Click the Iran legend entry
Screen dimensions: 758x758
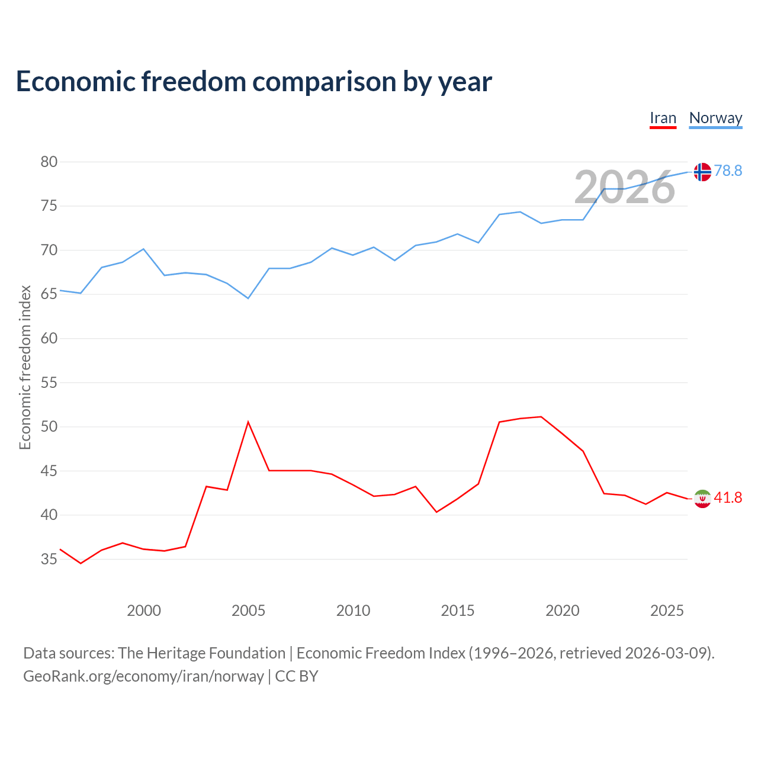point(663,118)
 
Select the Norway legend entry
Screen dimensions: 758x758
point(715,118)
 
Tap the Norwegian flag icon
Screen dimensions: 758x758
point(702,172)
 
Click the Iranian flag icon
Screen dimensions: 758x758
point(702,499)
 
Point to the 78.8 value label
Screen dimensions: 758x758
point(728,171)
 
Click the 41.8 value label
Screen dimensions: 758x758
point(728,497)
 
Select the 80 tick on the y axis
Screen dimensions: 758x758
point(49,162)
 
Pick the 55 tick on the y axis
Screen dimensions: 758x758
point(49,383)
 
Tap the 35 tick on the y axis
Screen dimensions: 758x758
point(49,559)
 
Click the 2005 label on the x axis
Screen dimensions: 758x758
point(248,611)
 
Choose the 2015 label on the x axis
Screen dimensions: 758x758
point(458,611)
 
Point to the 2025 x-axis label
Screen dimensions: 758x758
point(667,611)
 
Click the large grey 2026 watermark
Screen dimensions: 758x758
point(625,187)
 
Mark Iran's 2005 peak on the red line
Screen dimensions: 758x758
point(248,422)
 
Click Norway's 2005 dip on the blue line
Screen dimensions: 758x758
point(248,298)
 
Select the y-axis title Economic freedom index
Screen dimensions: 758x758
point(25,367)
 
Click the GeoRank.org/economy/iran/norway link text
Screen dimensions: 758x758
point(143,677)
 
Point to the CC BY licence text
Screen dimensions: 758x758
point(296,677)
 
